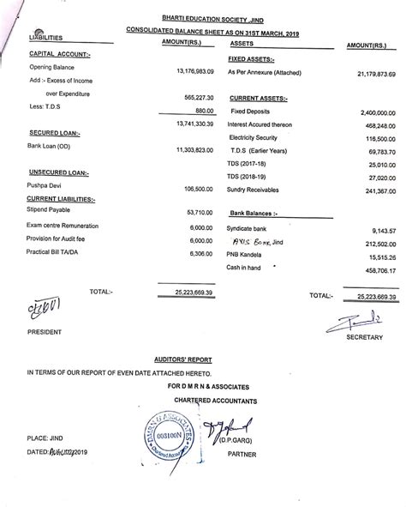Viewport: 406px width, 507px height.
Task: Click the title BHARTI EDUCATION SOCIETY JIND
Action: [203, 15]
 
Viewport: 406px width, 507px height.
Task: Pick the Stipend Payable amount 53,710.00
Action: [198, 210]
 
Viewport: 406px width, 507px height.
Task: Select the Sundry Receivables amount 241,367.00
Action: [375, 190]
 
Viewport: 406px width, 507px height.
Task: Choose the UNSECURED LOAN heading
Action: [55, 172]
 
